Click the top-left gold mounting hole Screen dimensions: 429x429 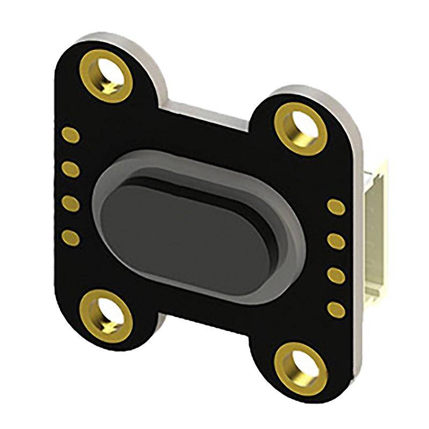coord(107,75)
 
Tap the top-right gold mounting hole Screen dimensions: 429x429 coord(300,129)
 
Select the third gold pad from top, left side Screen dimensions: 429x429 coord(70,203)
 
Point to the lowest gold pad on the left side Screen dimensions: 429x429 coord(70,236)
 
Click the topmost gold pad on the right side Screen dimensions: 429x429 coord(336,207)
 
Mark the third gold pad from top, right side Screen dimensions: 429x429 coord(336,275)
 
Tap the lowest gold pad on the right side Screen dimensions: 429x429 coord(336,309)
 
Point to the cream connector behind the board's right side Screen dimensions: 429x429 coord(375,241)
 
